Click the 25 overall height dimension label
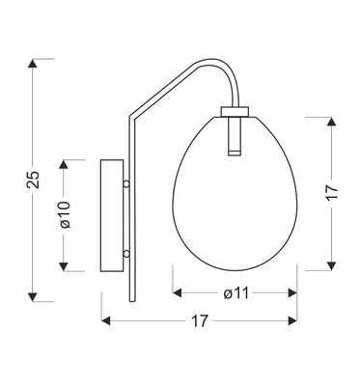click(32, 179)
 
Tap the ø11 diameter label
click(235, 293)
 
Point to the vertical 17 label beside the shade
click(330, 192)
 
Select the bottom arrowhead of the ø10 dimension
click(66, 270)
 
